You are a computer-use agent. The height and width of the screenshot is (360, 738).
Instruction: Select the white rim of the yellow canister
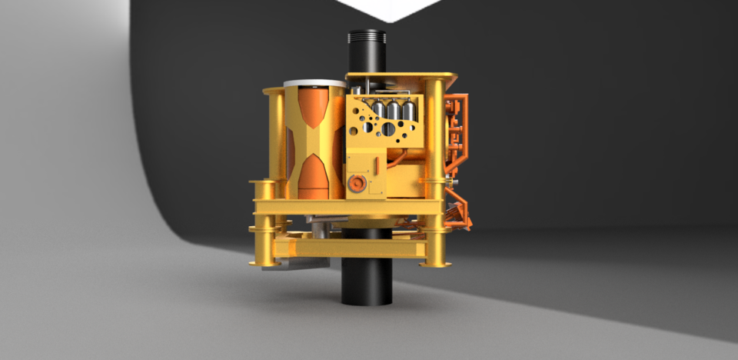click(314, 83)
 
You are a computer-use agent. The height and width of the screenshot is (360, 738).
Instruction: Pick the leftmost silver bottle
click(378, 111)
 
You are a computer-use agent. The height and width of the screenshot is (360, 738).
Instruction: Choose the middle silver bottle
click(394, 111)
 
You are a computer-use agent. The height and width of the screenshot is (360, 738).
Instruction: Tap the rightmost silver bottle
click(409, 111)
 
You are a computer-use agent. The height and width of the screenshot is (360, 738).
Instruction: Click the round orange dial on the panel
click(357, 183)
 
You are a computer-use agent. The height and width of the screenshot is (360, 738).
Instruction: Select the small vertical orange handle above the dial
click(377, 165)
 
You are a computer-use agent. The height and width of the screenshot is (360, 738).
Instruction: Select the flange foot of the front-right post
click(434, 264)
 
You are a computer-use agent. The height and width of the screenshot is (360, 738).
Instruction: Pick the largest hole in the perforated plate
click(389, 129)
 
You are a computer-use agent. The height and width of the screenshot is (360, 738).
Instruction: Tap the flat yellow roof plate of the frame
click(400, 76)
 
